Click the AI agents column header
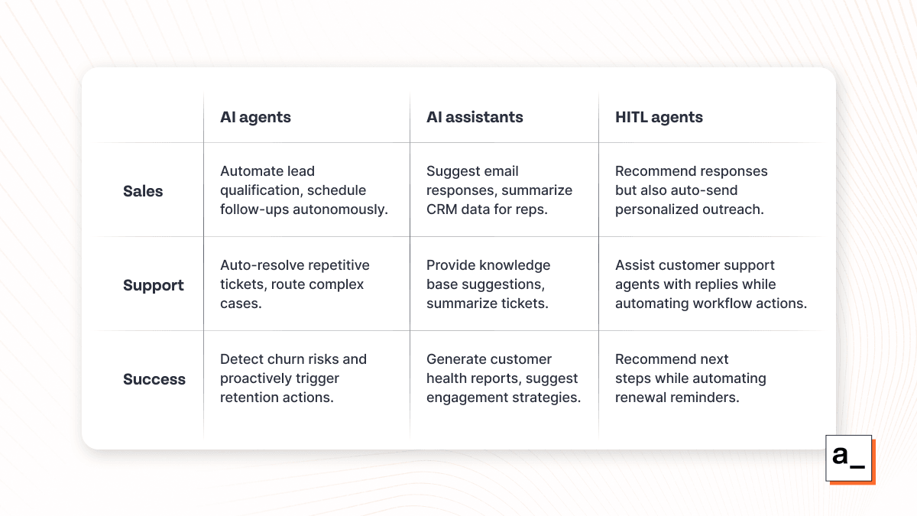click(255, 118)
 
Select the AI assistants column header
click(475, 118)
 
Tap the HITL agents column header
click(659, 118)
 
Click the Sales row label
click(143, 191)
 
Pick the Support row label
click(154, 285)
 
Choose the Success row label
click(154, 379)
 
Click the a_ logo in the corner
click(850, 459)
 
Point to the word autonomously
click(340, 209)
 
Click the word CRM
click(442, 209)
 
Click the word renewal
click(641, 398)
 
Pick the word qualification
click(261, 190)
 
